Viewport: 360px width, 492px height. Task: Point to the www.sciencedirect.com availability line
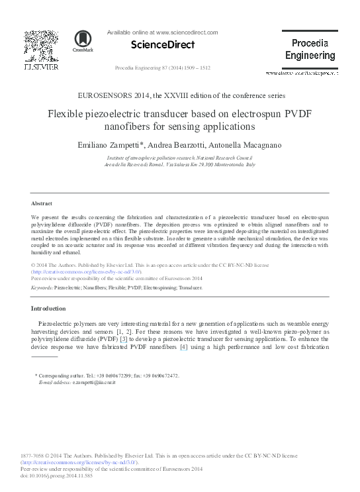[162, 32]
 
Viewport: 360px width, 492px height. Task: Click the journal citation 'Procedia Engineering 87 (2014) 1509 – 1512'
[162, 68]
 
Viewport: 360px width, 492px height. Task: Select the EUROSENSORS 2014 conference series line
[180, 95]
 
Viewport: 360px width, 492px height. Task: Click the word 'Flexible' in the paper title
[66, 113]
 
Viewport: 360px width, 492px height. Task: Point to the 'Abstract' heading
[42, 203]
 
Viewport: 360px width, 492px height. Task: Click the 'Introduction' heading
[48, 309]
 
